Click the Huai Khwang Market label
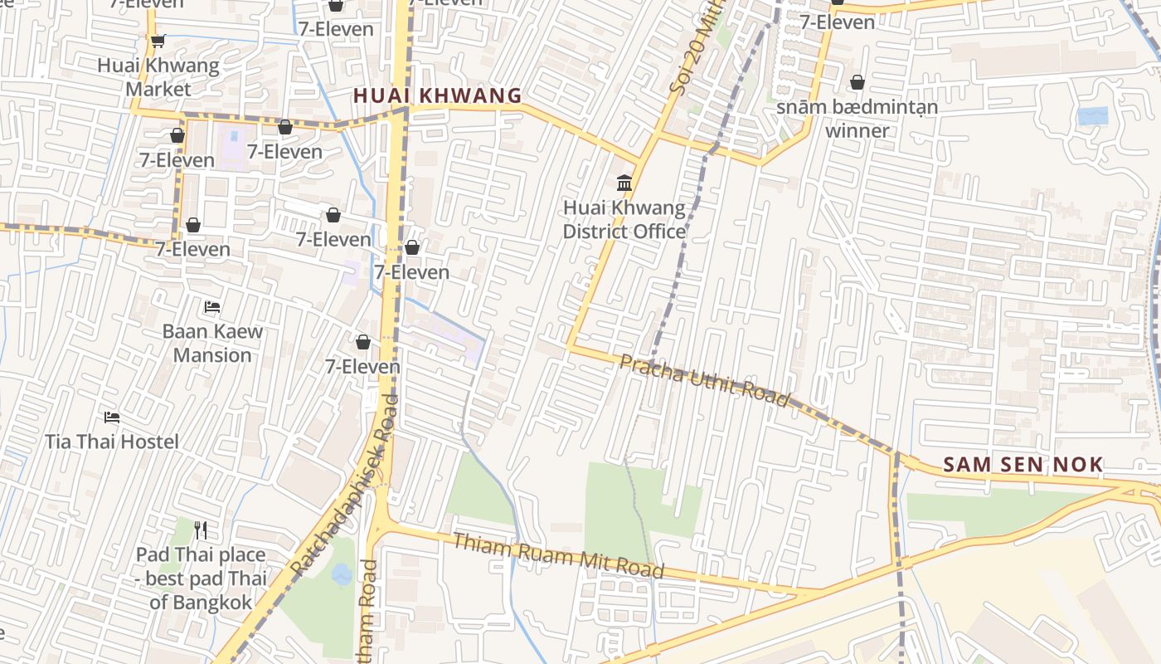(158, 77)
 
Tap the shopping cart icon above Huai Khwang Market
(158, 41)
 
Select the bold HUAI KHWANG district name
(438, 96)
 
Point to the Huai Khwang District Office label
(624, 219)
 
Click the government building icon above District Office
(624, 183)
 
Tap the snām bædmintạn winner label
(857, 119)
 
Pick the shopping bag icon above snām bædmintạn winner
(857, 82)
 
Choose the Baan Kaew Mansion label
(212, 343)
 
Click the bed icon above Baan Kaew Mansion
(212, 307)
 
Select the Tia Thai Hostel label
(112, 442)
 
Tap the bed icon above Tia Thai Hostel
(112, 417)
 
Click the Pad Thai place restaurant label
(201, 579)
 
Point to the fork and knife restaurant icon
(200, 530)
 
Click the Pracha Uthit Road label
(705, 381)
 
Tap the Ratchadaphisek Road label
(345, 486)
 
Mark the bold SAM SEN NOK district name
(1023, 465)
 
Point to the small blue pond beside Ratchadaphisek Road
(341, 573)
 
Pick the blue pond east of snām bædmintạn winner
(1093, 116)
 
